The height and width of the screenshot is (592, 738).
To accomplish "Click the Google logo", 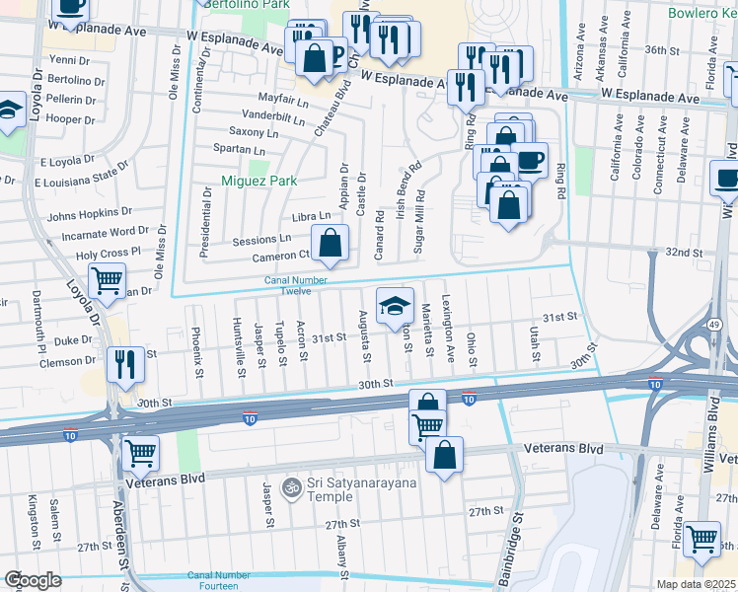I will (x=33, y=580).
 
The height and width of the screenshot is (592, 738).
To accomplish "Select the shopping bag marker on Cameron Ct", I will (x=330, y=242).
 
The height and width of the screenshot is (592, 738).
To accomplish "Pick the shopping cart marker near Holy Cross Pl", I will (x=107, y=279).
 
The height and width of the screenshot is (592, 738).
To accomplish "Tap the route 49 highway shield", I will (x=713, y=325).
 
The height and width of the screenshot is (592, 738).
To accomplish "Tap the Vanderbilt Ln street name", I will (x=245, y=115).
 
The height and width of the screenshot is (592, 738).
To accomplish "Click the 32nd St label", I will (x=682, y=253).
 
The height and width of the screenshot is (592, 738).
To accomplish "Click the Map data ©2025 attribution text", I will (x=696, y=584).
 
